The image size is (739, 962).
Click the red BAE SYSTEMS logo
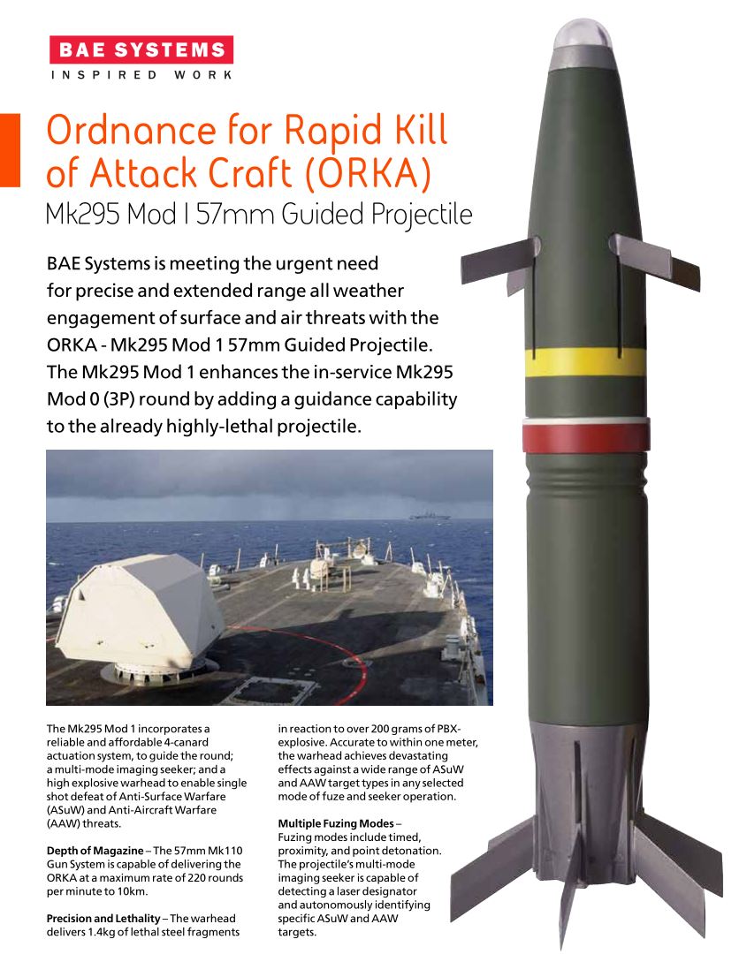[x=141, y=49]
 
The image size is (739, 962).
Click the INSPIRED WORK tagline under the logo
[x=141, y=75]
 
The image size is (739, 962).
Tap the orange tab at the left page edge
[x=9, y=149]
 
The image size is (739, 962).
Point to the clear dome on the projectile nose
[x=583, y=36]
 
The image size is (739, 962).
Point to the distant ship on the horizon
[x=428, y=515]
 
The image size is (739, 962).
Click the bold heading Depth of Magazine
[x=94, y=849]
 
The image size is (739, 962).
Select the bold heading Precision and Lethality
[x=107, y=919]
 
